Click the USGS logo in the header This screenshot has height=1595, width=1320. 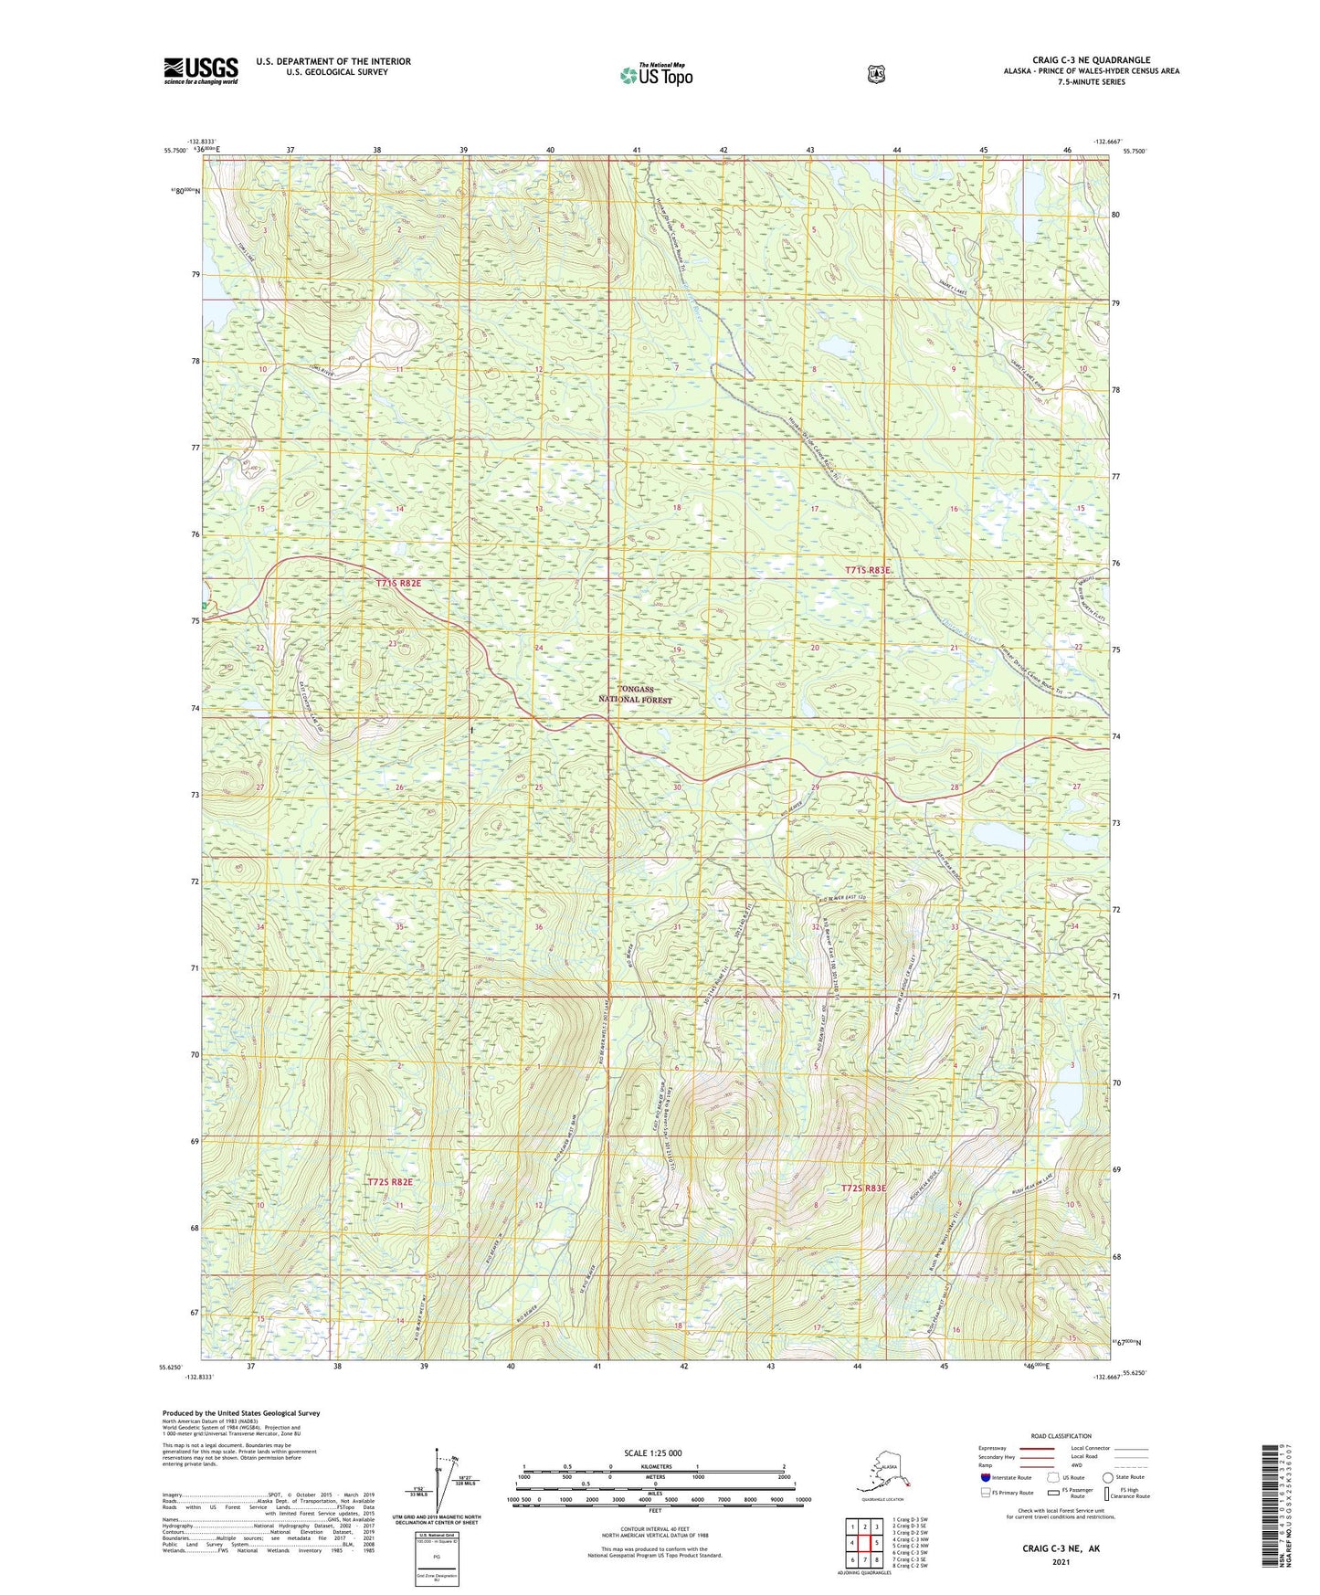201,70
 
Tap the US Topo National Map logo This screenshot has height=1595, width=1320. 656,75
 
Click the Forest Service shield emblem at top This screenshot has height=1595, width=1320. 876,74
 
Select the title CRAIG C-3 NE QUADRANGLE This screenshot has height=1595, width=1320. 1091,59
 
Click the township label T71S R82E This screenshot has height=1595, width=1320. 398,583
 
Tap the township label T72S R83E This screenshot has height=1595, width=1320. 863,1188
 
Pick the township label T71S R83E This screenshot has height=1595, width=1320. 867,570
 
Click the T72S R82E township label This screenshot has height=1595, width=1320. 390,1181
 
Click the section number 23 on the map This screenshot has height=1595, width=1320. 393,644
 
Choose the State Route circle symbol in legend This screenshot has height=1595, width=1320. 1107,1477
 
